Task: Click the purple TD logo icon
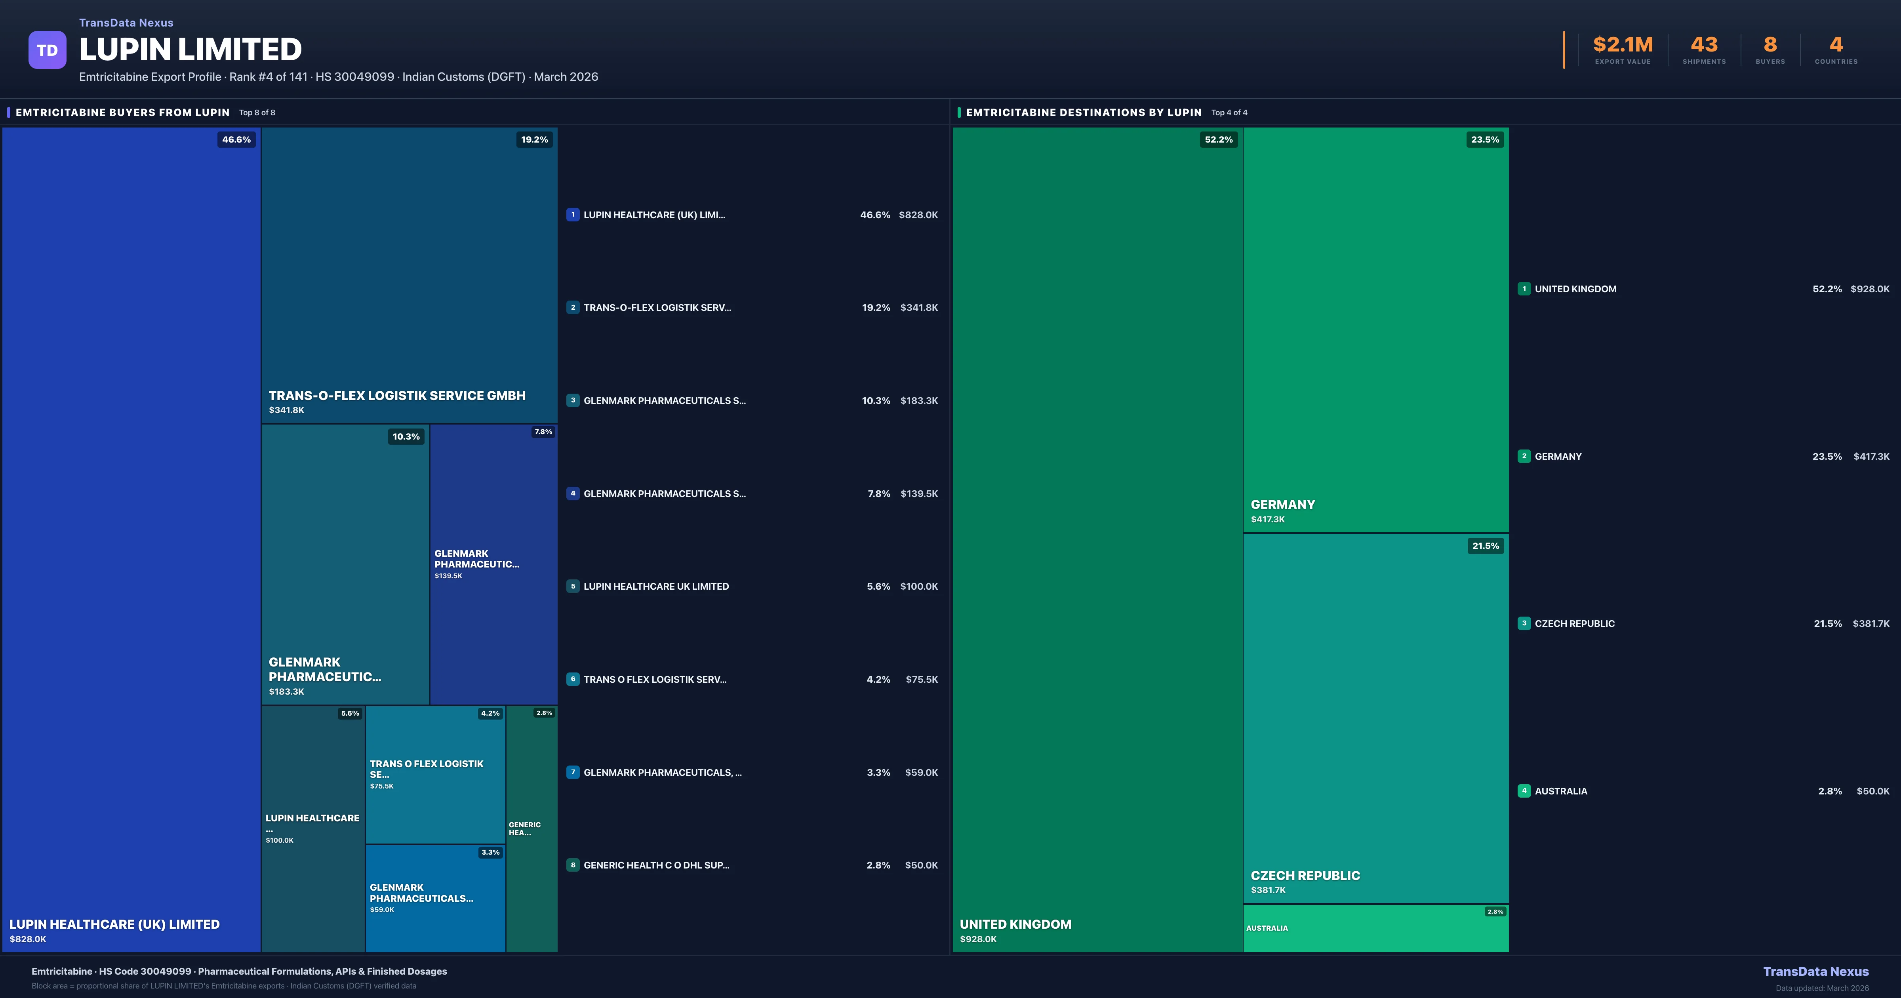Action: pyautogui.click(x=47, y=50)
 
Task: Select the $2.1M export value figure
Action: pyautogui.click(x=1623, y=45)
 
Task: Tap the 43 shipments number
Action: pyautogui.click(x=1704, y=45)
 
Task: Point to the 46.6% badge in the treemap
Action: pyautogui.click(x=236, y=139)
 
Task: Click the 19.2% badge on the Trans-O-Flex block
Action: pyautogui.click(x=534, y=139)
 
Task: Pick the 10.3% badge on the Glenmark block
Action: pyautogui.click(x=406, y=437)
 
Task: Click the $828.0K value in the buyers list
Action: pyautogui.click(x=918, y=215)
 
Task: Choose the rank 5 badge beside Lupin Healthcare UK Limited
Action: pyautogui.click(x=573, y=586)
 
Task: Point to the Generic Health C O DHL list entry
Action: pyautogui.click(x=656, y=865)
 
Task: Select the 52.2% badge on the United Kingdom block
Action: pyautogui.click(x=1218, y=139)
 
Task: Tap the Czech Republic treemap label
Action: pyautogui.click(x=1305, y=876)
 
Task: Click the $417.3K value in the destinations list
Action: pyautogui.click(x=1871, y=456)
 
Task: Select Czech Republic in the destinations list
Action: pyautogui.click(x=1574, y=624)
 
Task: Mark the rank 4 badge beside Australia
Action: pyautogui.click(x=1524, y=790)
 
